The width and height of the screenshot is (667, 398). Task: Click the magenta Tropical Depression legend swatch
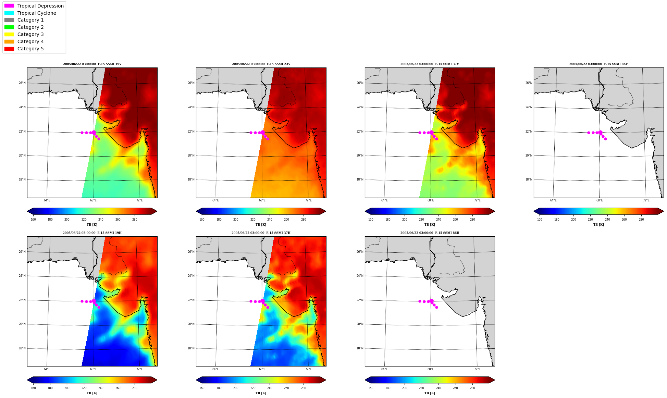pyautogui.click(x=9, y=6)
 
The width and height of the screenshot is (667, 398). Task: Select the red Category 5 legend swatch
pyautogui.click(x=9, y=49)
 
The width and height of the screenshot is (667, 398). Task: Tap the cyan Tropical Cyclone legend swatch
pyautogui.click(x=9, y=13)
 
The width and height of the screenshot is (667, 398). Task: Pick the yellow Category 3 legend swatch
pyautogui.click(x=9, y=34)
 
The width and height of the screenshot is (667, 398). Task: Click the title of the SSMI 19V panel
pyautogui.click(x=92, y=64)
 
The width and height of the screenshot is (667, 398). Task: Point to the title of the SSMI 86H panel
pyautogui.click(x=430, y=233)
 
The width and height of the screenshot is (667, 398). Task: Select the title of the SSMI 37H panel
pyautogui.click(x=261, y=233)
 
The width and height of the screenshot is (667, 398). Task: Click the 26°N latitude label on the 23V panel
pyautogui.click(x=191, y=83)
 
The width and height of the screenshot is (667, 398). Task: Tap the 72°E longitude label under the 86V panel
pyautogui.click(x=646, y=200)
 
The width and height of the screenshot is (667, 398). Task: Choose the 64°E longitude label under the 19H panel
pyautogui.click(x=47, y=369)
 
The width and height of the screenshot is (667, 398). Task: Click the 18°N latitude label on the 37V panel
pyautogui.click(x=360, y=179)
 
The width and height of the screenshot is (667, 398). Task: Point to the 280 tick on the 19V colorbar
pyautogui.click(x=135, y=220)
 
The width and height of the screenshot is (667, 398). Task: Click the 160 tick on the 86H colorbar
pyautogui.click(x=371, y=388)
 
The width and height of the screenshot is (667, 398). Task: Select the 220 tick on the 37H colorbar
pyautogui.click(x=253, y=388)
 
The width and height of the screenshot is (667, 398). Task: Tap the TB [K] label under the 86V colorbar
pyautogui.click(x=598, y=225)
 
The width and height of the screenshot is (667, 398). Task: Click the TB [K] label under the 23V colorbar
pyautogui.click(x=261, y=225)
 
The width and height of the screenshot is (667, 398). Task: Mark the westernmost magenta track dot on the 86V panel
pyautogui.click(x=589, y=133)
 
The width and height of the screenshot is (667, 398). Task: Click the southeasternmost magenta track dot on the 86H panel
pyautogui.click(x=436, y=307)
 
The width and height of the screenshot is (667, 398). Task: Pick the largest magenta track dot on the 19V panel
pyautogui.click(x=94, y=132)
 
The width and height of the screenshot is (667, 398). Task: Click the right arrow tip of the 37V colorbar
pyautogui.click(x=495, y=211)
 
